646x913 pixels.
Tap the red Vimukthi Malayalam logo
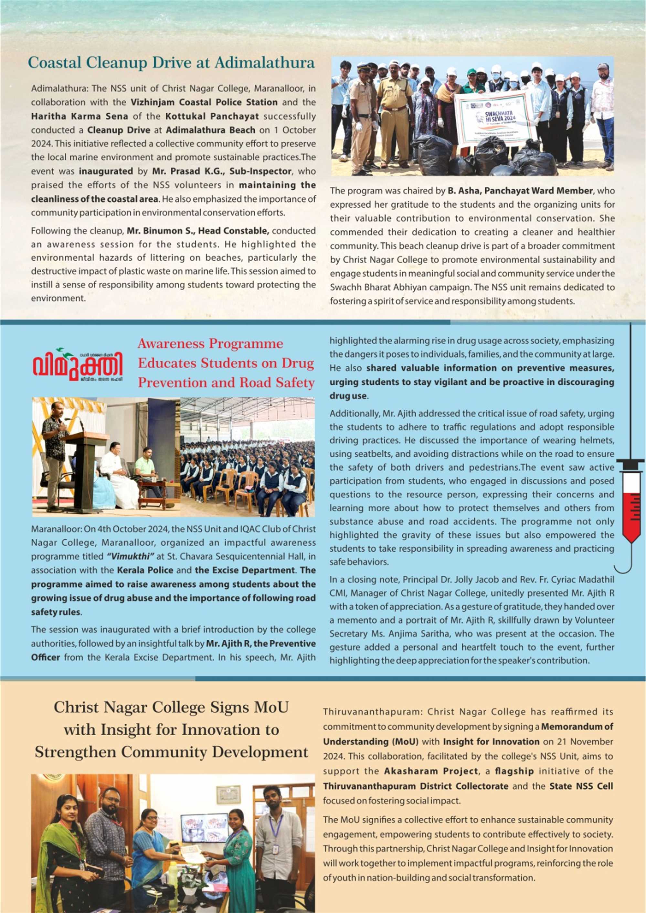pos(78,364)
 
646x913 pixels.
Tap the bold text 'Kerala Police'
pos(145,570)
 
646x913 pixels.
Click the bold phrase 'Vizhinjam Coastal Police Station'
pos(204,102)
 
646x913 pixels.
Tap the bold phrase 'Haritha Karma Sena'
pos(79,116)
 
